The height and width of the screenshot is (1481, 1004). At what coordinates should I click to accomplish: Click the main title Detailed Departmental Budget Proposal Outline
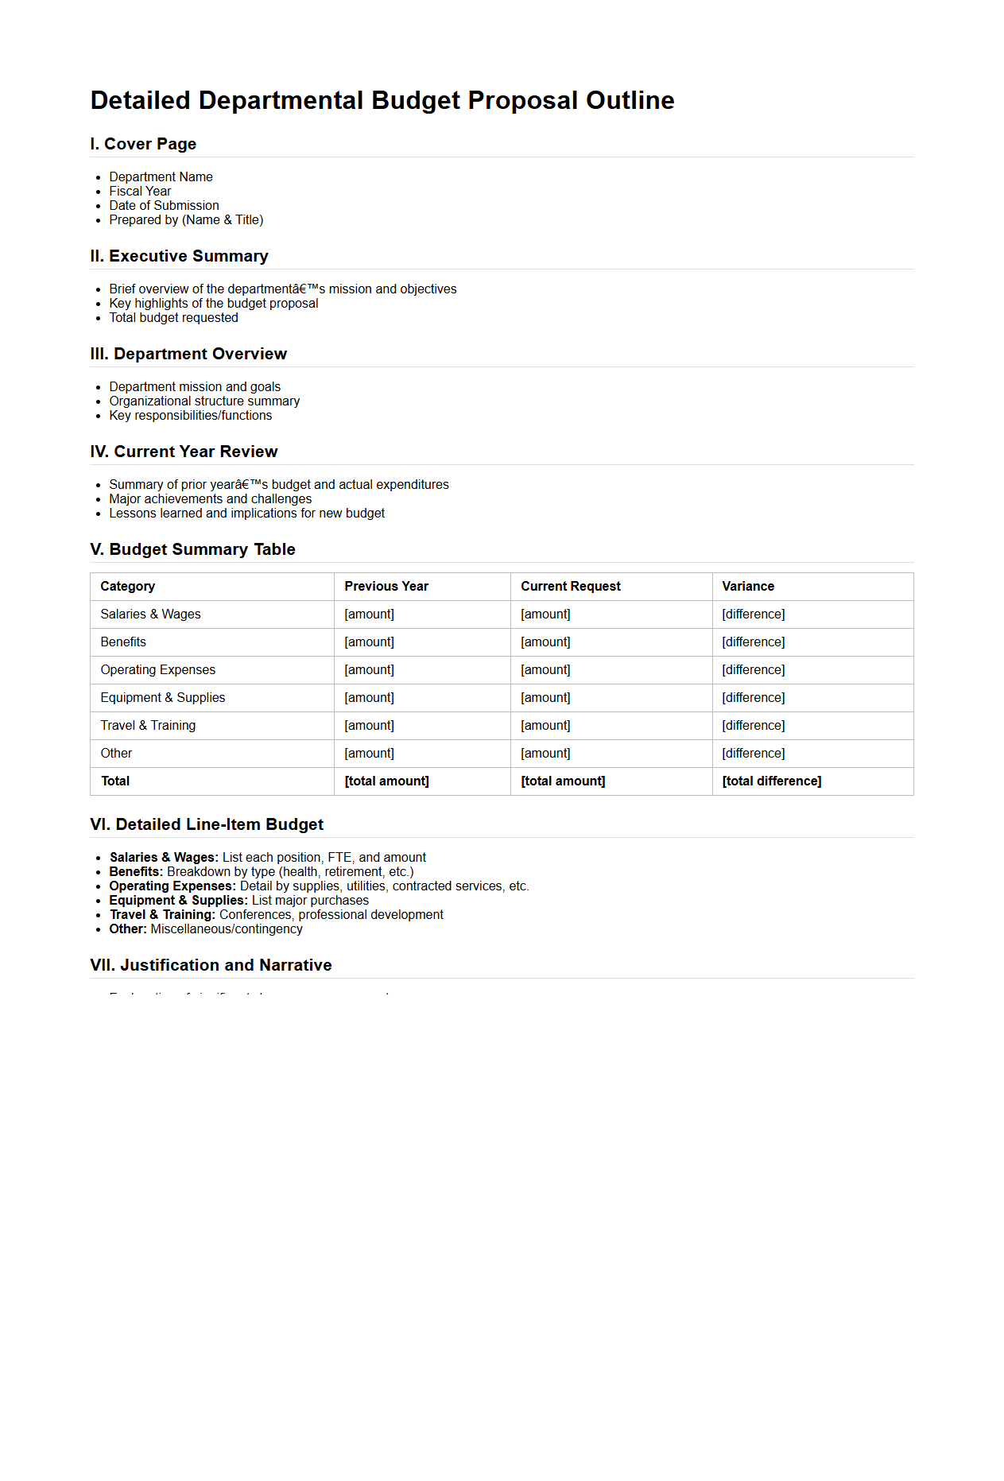(382, 101)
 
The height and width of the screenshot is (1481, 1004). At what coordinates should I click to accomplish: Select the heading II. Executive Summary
(179, 256)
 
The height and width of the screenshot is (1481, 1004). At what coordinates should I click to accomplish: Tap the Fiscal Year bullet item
(140, 191)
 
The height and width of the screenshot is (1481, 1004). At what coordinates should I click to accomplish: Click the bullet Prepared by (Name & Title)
(186, 219)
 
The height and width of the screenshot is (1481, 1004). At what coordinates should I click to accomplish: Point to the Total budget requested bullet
(173, 317)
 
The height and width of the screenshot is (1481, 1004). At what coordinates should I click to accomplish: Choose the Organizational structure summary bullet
(204, 401)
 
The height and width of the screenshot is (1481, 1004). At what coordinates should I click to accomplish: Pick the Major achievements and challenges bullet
(210, 498)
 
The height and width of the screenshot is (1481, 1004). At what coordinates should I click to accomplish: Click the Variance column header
(747, 586)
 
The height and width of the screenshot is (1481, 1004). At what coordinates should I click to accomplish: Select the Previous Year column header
(386, 586)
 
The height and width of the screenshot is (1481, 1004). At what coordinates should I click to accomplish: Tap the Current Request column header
(570, 586)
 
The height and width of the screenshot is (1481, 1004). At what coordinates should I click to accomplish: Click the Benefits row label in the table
(123, 642)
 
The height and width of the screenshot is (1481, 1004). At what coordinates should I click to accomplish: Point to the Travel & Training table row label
(148, 725)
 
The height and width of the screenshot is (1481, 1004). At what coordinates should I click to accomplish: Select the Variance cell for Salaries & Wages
(753, 614)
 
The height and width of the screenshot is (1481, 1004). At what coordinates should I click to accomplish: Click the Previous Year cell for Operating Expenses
(369, 669)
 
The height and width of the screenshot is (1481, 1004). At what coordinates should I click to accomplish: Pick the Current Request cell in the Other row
(545, 753)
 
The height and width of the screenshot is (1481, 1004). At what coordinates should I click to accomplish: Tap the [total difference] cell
(771, 781)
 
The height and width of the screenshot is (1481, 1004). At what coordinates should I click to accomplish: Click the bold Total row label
(115, 781)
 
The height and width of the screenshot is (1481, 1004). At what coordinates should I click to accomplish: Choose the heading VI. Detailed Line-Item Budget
(207, 824)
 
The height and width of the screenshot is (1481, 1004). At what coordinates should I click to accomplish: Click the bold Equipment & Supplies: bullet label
(178, 900)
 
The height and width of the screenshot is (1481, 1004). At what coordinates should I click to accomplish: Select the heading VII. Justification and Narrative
(211, 965)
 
